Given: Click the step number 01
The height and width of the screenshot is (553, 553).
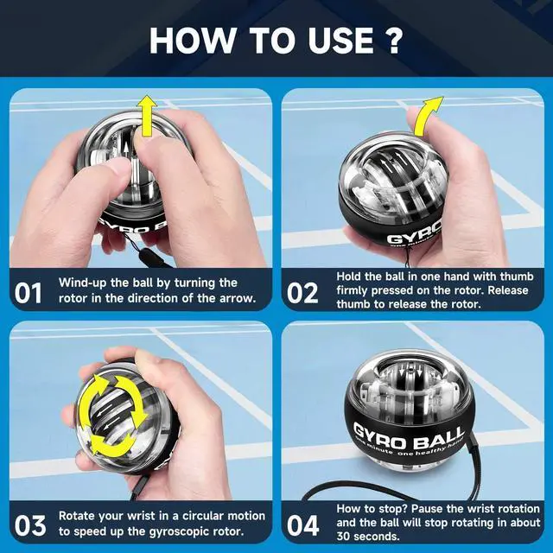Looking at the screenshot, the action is click(x=29, y=293).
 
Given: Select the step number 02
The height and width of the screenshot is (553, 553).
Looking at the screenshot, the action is click(x=302, y=293).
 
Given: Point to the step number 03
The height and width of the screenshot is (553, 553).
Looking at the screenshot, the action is click(x=30, y=526).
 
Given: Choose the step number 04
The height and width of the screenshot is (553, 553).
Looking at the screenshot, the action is click(x=303, y=526).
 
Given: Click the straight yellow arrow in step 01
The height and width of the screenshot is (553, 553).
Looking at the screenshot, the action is click(x=147, y=118).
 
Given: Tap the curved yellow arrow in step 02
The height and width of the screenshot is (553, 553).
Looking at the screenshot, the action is click(x=426, y=118).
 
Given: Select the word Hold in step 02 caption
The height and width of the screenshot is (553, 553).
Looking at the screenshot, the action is click(x=349, y=276).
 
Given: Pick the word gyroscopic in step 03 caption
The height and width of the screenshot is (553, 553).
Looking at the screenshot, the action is click(x=177, y=531).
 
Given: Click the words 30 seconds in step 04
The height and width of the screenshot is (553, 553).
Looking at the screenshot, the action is click(x=368, y=537).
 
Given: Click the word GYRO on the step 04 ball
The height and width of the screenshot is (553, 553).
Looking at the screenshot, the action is click(x=378, y=435).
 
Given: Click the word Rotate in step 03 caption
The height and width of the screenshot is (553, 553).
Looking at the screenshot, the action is click(x=76, y=516).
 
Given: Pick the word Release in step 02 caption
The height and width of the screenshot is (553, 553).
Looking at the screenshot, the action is click(x=508, y=290).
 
